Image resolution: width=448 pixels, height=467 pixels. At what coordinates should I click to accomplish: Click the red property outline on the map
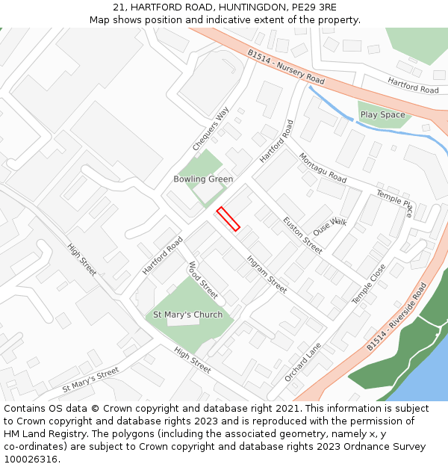[x=228, y=219]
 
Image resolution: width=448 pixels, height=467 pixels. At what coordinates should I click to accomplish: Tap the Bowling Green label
[x=203, y=179]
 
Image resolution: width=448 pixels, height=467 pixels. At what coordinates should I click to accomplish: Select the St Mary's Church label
[x=187, y=315]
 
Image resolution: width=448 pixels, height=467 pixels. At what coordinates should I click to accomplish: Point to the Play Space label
[x=382, y=115]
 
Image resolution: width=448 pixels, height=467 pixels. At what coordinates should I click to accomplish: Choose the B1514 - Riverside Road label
[x=396, y=318]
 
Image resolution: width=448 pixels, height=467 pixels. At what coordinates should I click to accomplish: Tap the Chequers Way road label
[x=211, y=129]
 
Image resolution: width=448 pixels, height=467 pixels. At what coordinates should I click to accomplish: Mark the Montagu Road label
[x=323, y=168]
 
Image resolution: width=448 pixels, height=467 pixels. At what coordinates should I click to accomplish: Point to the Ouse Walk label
[x=330, y=226]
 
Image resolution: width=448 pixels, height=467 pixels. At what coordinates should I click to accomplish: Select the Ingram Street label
[x=267, y=274]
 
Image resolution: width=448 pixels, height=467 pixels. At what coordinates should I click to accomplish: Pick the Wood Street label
[x=203, y=279]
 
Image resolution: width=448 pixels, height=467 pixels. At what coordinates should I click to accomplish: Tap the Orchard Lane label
[x=302, y=362]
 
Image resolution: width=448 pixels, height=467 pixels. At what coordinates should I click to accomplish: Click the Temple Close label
[x=369, y=284]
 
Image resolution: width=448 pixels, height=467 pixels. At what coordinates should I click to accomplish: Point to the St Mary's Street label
[x=90, y=380]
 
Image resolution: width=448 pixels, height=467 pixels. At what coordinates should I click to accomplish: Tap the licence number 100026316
[x=31, y=460]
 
